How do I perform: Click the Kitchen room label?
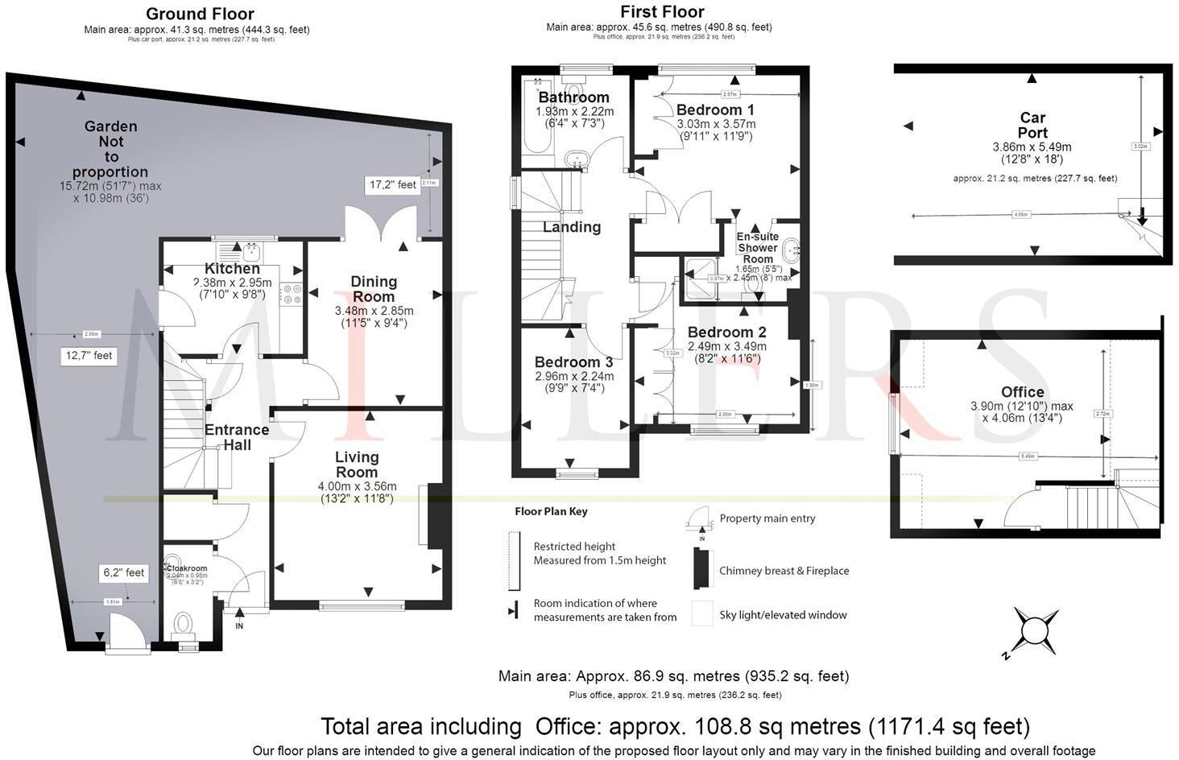232,268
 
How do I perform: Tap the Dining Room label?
374,288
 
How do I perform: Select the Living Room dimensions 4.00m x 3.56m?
357,486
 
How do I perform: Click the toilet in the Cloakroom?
184,623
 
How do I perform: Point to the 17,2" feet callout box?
393,184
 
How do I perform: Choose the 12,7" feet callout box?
89,355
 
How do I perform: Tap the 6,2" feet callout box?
124,572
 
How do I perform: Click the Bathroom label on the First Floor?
574,97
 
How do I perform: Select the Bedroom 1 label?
715,109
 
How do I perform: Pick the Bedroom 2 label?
726,332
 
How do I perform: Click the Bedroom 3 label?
573,362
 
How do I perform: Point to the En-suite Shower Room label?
758,247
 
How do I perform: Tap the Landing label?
571,227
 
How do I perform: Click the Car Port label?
1032,126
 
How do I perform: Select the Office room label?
1022,392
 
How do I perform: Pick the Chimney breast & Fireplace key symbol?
701,570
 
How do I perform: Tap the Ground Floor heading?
201,14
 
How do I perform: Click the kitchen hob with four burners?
291,295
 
